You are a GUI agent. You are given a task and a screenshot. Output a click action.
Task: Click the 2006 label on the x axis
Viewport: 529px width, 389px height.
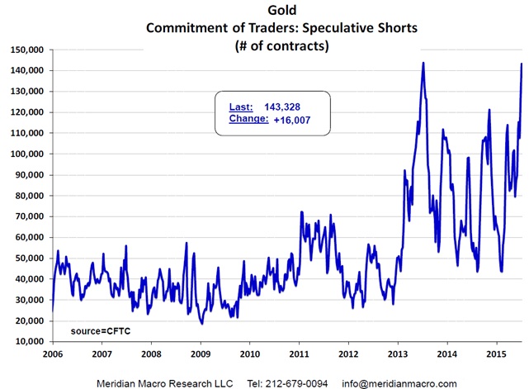click(x=51, y=353)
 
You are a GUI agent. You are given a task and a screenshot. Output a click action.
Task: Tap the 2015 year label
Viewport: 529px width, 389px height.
click(x=496, y=353)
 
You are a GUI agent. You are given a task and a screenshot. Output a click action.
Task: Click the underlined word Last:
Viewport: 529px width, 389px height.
click(x=241, y=106)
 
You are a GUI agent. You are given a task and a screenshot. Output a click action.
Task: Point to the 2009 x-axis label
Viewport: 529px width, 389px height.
click(x=200, y=353)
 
